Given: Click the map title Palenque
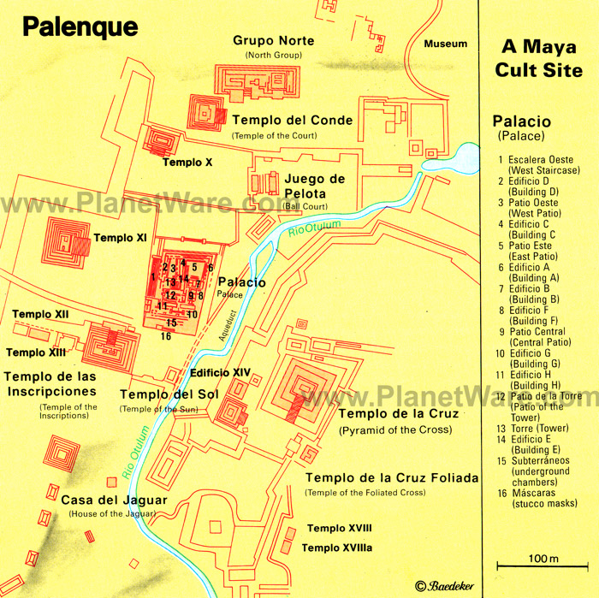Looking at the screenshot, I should pyautogui.click(x=80, y=27).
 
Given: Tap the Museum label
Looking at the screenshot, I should pyautogui.click(x=446, y=44).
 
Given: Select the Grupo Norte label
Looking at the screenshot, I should pyautogui.click(x=274, y=41).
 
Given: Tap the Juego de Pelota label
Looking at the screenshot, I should pyautogui.click(x=314, y=186).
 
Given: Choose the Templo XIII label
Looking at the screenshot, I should pyautogui.click(x=36, y=352).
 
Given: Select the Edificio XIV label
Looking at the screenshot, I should pyautogui.click(x=220, y=372).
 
